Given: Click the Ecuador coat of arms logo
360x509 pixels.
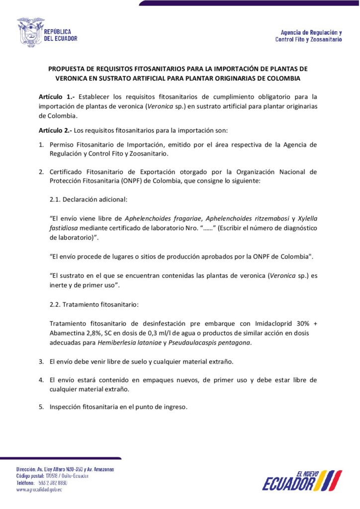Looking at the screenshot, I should click(x=30, y=33).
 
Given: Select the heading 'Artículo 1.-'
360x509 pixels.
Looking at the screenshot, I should click(x=56, y=96).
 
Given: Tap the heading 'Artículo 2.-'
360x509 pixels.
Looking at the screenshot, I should click(x=56, y=131).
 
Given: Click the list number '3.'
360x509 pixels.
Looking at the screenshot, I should click(x=42, y=360).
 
